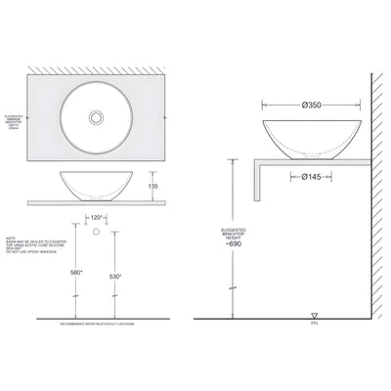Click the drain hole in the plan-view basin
[x=97, y=116]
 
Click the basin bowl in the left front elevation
[x=97, y=183]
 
